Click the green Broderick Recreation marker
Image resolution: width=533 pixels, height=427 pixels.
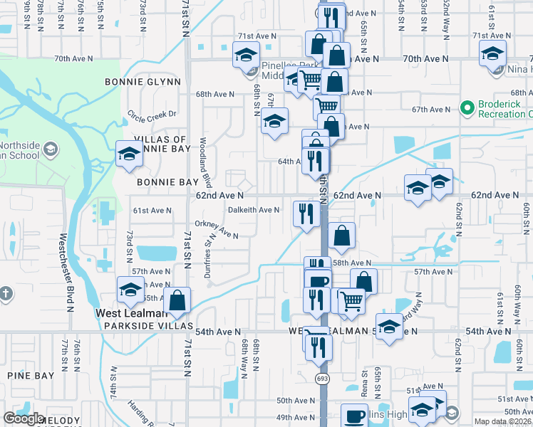pos(467,107)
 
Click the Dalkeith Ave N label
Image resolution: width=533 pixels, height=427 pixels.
pos(254,210)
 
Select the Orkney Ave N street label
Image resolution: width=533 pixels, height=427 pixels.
pos(221,229)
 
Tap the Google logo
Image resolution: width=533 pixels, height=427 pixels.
pos(24,418)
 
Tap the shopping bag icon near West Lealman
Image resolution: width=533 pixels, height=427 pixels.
pos(178,300)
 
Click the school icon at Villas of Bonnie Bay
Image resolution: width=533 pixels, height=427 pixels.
pos(129,154)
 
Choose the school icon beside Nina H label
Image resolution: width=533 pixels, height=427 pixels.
pos(492,53)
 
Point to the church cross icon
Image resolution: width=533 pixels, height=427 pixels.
pos(6,293)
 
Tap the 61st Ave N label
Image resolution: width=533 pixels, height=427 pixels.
pos(152,210)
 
